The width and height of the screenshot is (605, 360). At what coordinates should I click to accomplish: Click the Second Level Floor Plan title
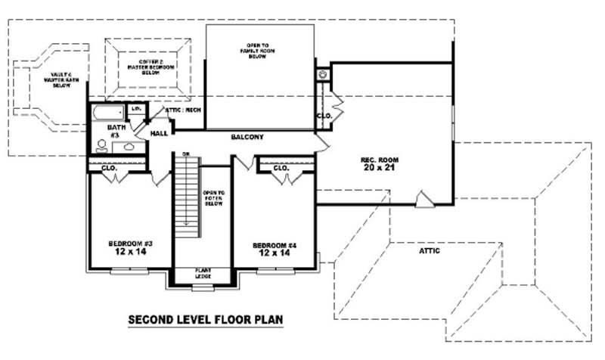click(x=206, y=320)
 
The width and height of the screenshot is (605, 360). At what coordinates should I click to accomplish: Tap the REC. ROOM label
click(x=380, y=160)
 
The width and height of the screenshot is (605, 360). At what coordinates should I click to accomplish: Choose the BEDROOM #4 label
click(x=274, y=245)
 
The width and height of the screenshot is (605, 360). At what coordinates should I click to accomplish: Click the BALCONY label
click(x=247, y=137)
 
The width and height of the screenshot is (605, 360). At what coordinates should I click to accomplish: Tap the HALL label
click(x=159, y=133)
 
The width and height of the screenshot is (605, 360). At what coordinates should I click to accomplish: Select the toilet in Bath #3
click(x=102, y=144)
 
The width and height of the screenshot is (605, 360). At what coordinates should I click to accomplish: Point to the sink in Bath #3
click(x=129, y=146)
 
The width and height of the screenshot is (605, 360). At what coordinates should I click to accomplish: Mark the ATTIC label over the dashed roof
click(x=427, y=250)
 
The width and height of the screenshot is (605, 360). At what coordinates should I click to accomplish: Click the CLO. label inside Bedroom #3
click(x=109, y=167)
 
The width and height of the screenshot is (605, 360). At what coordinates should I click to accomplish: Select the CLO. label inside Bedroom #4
click(x=281, y=167)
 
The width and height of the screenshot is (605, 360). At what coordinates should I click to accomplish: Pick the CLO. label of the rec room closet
click(x=323, y=116)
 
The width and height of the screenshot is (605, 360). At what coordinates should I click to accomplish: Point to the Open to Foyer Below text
click(x=213, y=198)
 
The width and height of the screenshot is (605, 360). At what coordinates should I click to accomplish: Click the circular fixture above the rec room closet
click(x=323, y=74)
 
